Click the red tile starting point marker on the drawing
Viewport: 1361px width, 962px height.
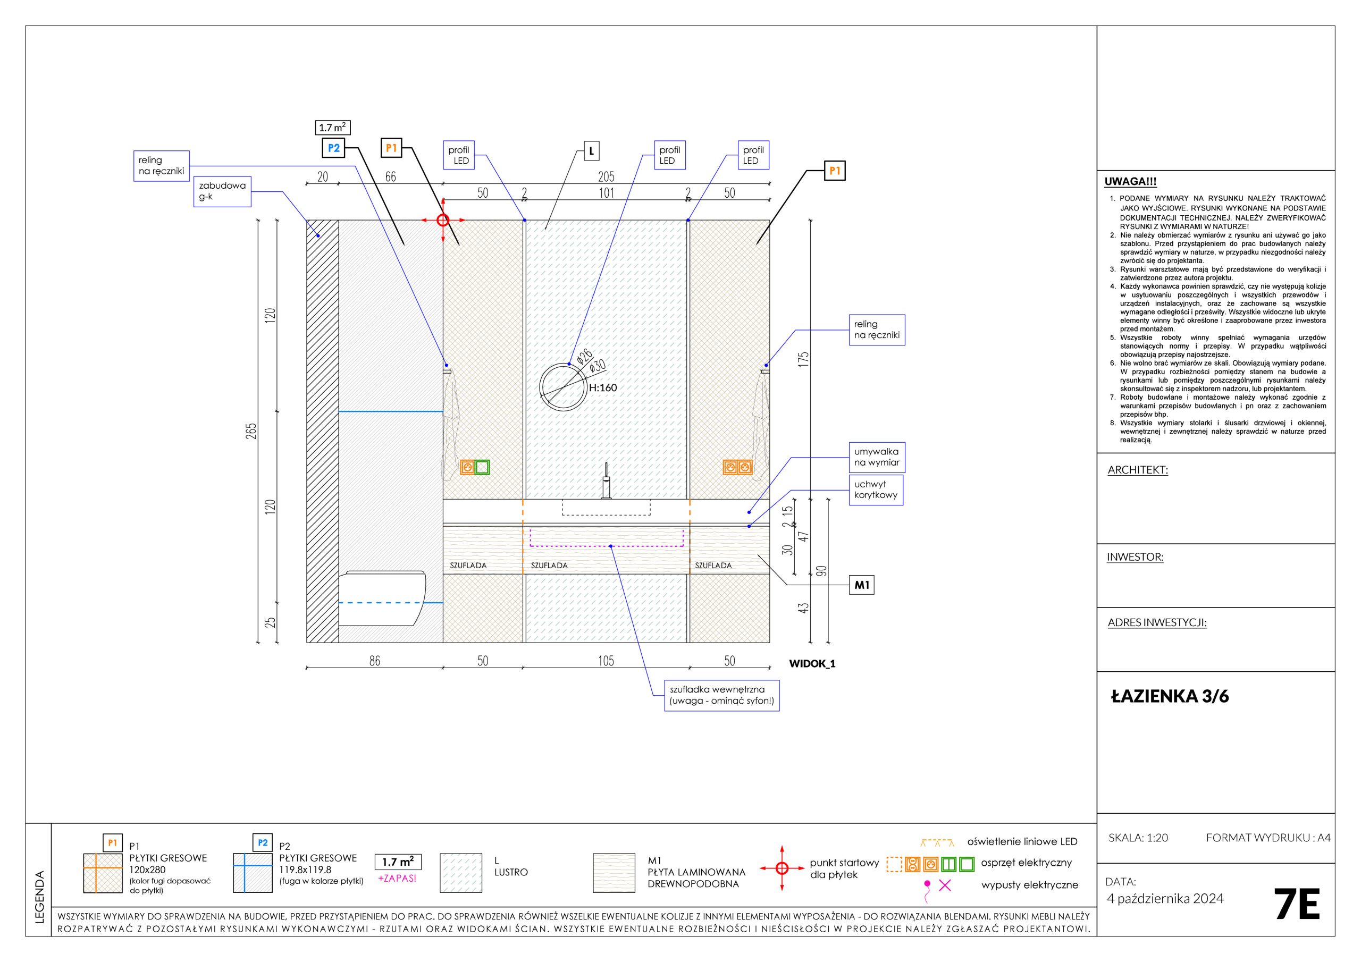[443, 221]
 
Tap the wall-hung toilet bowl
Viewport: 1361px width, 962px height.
[382, 598]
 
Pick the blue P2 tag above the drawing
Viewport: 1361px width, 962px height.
[333, 148]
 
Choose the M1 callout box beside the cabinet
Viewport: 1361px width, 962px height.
[862, 586]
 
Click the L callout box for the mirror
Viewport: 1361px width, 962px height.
[591, 151]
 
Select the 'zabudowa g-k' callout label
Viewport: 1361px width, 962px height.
[222, 191]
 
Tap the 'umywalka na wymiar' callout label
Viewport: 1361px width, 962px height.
[877, 457]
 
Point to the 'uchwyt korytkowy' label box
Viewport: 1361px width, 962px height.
[876, 490]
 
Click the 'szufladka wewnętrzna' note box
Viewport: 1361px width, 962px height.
[721, 695]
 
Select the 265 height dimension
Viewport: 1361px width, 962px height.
[252, 431]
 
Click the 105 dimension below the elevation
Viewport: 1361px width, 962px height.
[606, 660]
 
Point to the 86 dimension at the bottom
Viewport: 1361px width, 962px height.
[375, 660]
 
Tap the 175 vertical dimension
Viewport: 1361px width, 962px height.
[804, 360]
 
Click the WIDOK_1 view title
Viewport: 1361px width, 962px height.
[812, 663]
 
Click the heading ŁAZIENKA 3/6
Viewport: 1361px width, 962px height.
[1170, 696]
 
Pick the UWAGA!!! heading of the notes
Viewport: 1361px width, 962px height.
[1130, 182]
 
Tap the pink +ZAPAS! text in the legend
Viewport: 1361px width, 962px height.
[397, 879]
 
